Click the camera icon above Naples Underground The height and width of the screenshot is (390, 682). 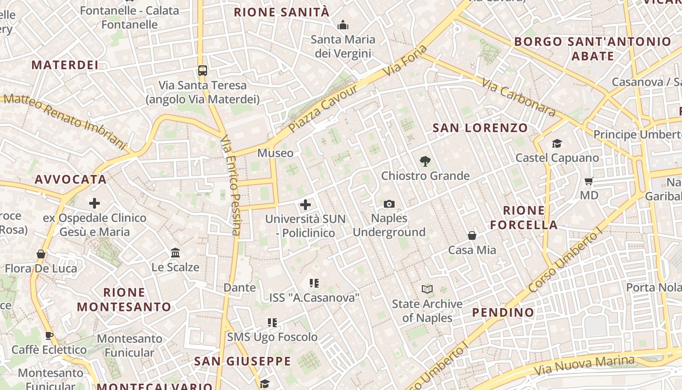tap(389, 204)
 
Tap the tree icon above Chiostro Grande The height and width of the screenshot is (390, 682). tap(425, 161)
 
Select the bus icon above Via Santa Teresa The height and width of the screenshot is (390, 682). tap(203, 71)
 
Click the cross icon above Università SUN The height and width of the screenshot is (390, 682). tap(305, 205)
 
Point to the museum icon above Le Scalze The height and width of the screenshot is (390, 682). tap(175, 253)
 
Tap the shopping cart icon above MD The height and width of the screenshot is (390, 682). tap(588, 181)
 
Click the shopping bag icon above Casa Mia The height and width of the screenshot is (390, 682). tap(472, 236)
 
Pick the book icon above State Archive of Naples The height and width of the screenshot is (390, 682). tap(427, 290)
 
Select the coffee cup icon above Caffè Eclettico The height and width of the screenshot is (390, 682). tap(49, 335)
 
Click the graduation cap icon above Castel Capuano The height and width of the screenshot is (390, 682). tap(557, 143)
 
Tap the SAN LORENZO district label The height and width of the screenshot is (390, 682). tap(480, 128)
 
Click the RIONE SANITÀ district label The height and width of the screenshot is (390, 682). tap(282, 13)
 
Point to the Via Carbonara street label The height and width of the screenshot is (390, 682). tap(518, 98)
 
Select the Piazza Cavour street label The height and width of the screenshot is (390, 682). tap(323, 108)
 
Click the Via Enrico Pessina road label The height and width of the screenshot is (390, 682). tap(230, 185)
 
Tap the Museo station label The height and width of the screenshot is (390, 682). tap(275, 153)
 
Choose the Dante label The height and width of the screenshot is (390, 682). tap(240, 288)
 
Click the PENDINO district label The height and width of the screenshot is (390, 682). tap(503, 312)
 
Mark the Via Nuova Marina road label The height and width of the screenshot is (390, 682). tap(584, 365)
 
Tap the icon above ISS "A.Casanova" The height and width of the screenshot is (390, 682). tap(314, 283)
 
